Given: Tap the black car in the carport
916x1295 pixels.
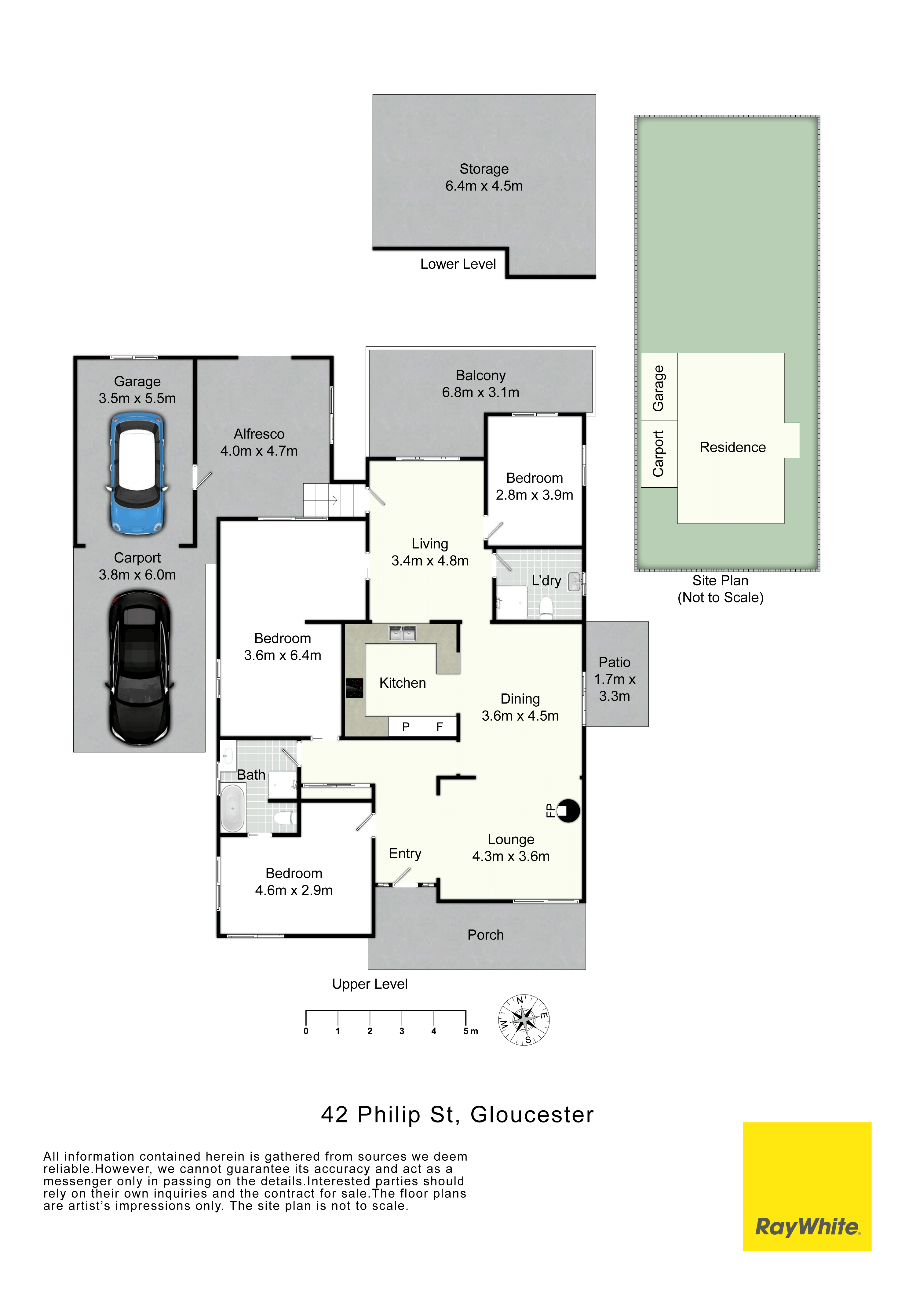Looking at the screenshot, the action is [x=139, y=668].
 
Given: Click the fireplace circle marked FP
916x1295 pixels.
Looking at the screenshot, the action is [x=568, y=811].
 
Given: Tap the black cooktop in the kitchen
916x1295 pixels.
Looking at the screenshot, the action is [x=354, y=688].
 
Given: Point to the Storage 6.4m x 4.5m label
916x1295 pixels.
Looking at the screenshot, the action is [x=484, y=177].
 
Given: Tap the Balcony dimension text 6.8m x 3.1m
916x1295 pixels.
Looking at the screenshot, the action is [x=480, y=393].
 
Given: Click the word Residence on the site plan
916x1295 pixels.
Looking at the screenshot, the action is [x=733, y=447].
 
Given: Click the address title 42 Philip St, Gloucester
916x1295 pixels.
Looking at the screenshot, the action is [x=458, y=1115].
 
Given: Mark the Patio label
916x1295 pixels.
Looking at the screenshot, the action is [x=614, y=662].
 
